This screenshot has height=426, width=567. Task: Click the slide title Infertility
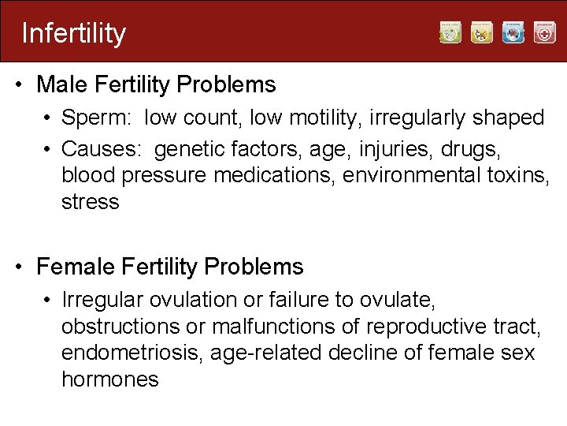73,33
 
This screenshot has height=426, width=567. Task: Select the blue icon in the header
513,32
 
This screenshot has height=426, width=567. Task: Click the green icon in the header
450,32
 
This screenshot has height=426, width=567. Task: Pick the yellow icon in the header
482,32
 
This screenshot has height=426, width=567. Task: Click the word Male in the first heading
61,84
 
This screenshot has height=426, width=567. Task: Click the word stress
90,202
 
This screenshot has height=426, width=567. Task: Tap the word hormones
109,379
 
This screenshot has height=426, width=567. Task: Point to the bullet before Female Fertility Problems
18,267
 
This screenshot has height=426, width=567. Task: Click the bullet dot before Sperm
48,119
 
